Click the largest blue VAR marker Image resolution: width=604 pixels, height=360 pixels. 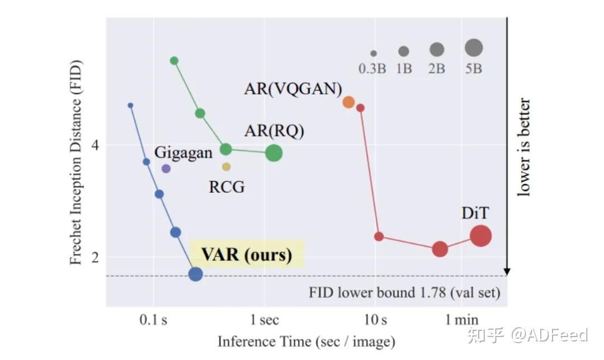click(195, 274)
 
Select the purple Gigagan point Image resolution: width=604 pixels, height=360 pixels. click(166, 168)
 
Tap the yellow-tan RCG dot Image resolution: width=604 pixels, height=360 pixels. click(226, 167)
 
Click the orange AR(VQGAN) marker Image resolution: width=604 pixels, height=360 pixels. click(348, 102)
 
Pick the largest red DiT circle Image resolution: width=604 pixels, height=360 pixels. click(480, 236)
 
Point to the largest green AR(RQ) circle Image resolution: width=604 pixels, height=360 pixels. click(273, 153)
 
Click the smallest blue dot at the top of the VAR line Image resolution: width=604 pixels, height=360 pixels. click(130, 105)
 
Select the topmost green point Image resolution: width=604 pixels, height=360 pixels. click(174, 60)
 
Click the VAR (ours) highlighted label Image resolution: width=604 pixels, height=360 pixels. click(247, 255)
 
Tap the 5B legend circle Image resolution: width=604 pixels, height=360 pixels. click(474, 48)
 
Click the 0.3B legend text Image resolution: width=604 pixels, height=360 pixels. click(372, 69)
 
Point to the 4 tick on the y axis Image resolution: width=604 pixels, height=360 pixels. click(95, 145)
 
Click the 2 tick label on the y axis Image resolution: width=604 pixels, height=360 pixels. click(95, 258)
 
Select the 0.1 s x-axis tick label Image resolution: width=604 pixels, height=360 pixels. click(153, 320)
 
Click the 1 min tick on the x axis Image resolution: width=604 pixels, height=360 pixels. click(461, 320)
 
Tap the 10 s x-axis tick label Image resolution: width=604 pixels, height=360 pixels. click(375, 320)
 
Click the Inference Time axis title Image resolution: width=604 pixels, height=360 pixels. click(306, 341)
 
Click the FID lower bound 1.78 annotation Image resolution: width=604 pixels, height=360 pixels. click(404, 292)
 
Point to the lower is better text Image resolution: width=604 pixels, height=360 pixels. click(524, 148)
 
